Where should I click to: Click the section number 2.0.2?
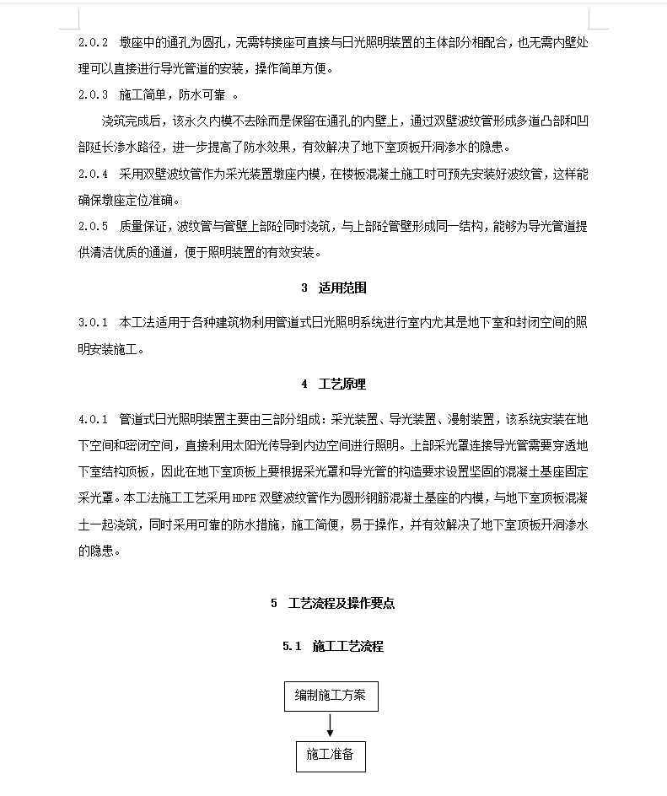94,42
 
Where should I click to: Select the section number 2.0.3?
94,95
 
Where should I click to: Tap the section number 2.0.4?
94,175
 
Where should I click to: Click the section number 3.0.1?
94,323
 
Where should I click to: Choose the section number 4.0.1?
94,419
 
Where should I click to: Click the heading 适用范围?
342,288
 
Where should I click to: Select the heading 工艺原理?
342,384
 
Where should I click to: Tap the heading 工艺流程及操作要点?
342,603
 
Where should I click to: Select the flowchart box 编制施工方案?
330,696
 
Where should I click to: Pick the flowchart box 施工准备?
330,755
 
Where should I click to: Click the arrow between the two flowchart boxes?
330,725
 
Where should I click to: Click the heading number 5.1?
293,647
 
